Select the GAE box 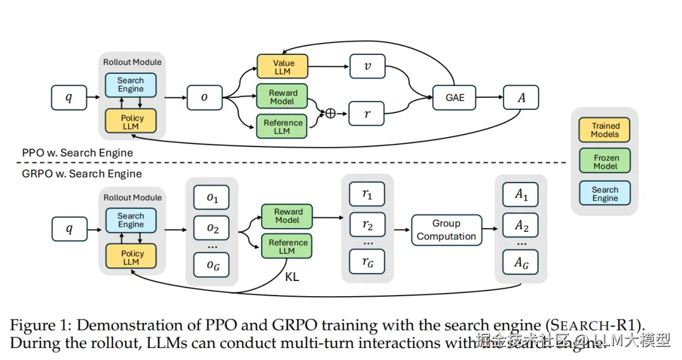[455, 98]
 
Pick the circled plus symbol [330, 114]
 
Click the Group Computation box [446, 230]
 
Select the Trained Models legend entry [605, 129]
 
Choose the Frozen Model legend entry [605, 162]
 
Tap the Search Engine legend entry [605, 193]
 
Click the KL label [292, 276]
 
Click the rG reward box [367, 262]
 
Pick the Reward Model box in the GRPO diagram [288, 216]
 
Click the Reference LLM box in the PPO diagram [282, 126]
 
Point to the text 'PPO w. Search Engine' [78, 152]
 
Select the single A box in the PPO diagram [521, 98]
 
